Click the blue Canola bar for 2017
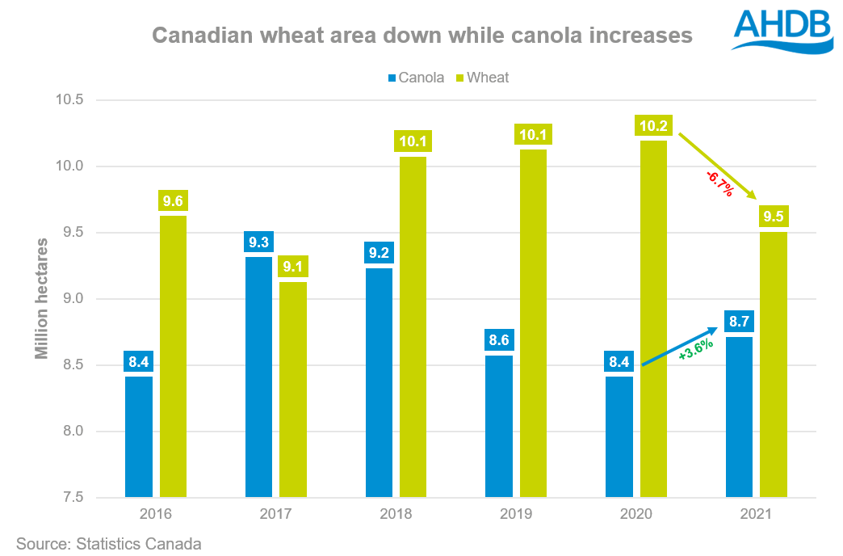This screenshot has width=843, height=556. (x=258, y=377)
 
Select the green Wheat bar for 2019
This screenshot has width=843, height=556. (x=533, y=323)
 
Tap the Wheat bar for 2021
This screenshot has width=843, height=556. (x=774, y=364)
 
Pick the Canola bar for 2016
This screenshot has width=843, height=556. (x=139, y=436)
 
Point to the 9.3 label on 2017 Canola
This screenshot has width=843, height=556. (x=258, y=242)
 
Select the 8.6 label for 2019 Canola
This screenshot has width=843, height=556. (x=499, y=340)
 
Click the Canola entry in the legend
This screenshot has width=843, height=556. (x=416, y=78)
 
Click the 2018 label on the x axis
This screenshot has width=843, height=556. (x=396, y=514)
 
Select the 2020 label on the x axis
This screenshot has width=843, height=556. (x=636, y=514)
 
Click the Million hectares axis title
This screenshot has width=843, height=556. (x=42, y=298)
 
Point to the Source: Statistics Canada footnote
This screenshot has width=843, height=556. (x=108, y=544)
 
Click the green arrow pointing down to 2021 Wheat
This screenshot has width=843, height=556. (x=717, y=166)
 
